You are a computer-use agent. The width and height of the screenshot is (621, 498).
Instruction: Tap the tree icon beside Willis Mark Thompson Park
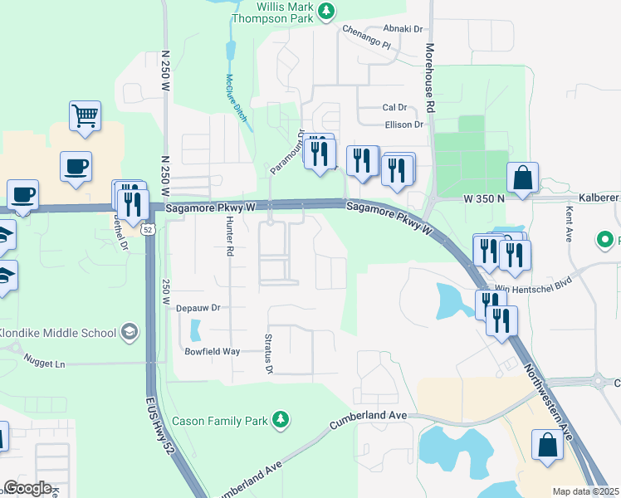[x=328, y=10]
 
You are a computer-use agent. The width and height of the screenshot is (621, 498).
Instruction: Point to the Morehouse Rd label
[x=431, y=79]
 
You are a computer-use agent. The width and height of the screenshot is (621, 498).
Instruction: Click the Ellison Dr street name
[x=403, y=124]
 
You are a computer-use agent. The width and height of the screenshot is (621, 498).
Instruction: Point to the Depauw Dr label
[x=197, y=307]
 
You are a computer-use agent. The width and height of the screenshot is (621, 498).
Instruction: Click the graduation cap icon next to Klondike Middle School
[x=130, y=333]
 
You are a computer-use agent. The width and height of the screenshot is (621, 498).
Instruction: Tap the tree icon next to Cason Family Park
[x=282, y=421]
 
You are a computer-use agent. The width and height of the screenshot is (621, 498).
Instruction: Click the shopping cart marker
[x=85, y=117]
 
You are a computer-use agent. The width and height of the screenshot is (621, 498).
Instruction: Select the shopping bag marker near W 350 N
[x=522, y=177]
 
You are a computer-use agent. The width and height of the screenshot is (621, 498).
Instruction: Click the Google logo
[x=27, y=488]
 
